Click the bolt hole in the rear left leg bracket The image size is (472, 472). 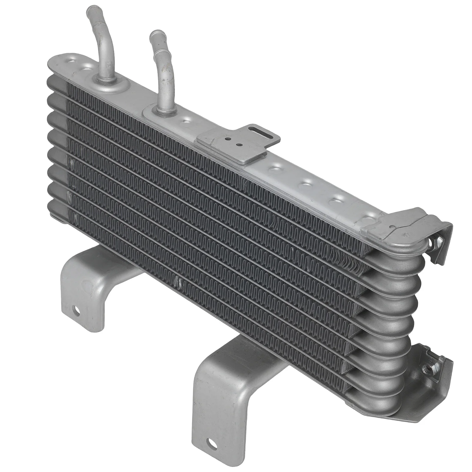click(77, 311)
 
